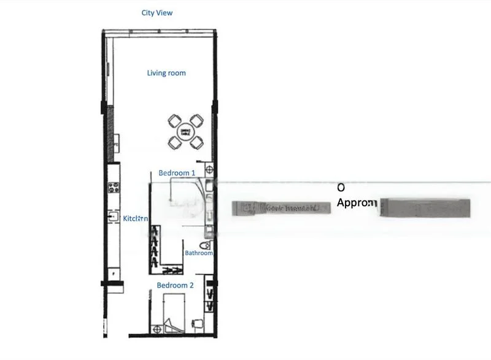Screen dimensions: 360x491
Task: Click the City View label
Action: (x=157, y=12)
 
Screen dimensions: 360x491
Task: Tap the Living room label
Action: (x=166, y=73)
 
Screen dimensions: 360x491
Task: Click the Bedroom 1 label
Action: (x=177, y=173)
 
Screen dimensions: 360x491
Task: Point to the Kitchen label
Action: (x=135, y=218)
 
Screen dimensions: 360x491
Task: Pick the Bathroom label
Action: (x=199, y=253)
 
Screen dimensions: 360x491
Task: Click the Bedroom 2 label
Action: (x=175, y=285)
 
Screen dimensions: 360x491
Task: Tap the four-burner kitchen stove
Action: (x=113, y=188)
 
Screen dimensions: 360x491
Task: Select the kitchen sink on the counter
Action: (x=113, y=216)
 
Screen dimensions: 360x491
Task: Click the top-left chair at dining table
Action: (x=174, y=120)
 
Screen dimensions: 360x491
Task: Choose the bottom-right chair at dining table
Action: (x=196, y=143)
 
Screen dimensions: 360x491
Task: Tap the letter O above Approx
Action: (x=341, y=187)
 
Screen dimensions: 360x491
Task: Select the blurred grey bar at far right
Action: (x=425, y=207)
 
